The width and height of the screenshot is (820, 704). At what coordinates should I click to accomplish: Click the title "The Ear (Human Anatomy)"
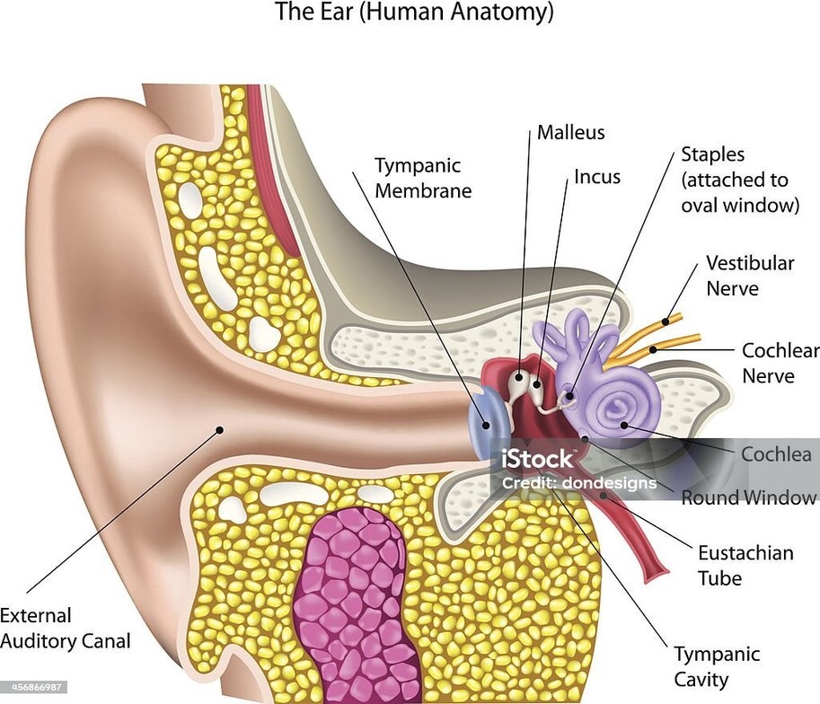(413, 13)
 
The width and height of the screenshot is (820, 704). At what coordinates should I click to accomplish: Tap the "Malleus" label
(571, 133)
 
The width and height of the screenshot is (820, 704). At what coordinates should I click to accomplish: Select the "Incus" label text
(597, 176)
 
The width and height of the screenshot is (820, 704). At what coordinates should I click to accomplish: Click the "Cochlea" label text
(775, 453)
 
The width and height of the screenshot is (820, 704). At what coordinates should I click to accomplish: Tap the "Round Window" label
(749, 497)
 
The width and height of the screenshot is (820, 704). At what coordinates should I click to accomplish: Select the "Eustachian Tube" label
(745, 565)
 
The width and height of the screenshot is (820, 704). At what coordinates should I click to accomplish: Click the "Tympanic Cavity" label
(717, 666)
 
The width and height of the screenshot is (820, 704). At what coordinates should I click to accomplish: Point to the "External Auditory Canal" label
(65, 629)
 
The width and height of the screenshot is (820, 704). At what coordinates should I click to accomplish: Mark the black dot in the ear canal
(218, 430)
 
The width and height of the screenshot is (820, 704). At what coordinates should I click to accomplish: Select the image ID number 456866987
(34, 687)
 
